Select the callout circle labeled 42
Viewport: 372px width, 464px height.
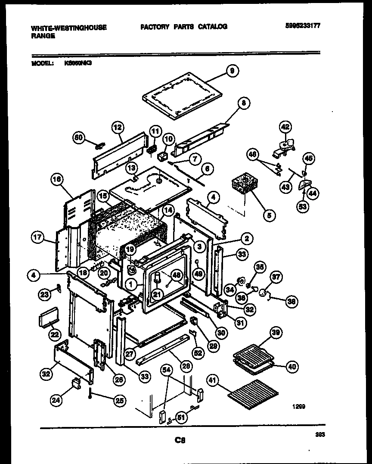[x=285, y=127]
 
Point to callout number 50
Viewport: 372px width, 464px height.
[x=78, y=137]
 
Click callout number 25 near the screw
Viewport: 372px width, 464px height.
[x=119, y=401]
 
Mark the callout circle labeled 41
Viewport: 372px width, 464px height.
[x=214, y=380]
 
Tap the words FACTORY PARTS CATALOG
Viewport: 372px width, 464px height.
[x=183, y=27]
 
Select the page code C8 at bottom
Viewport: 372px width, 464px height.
[x=180, y=440]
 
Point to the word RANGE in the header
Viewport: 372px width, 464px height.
[x=43, y=37]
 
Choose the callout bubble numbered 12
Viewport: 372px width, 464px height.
[x=117, y=127]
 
